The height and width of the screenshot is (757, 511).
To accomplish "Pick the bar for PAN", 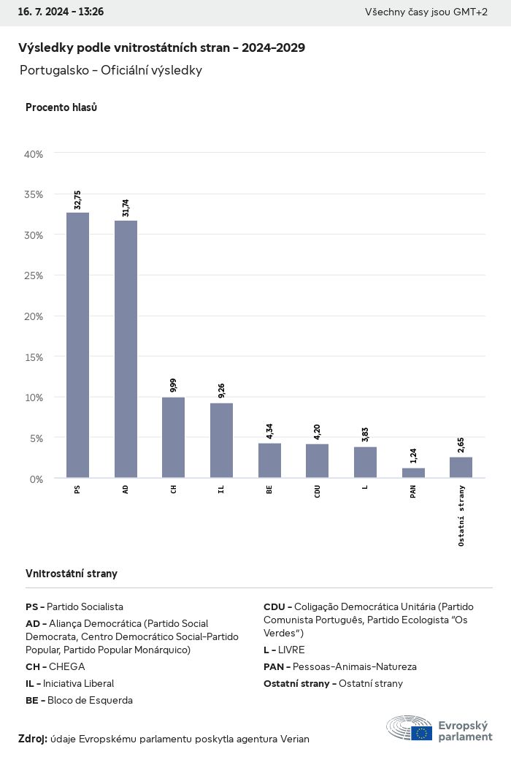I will pos(413,473).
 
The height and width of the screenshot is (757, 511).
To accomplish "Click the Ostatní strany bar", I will pos(461,468).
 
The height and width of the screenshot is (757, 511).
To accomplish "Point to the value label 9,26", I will pos(221,390).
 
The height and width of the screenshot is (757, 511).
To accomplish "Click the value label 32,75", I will pos(77,199).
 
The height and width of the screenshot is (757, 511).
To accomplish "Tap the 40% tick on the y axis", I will pos(34,154).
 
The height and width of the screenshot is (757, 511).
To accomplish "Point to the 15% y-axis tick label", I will pos(34,357).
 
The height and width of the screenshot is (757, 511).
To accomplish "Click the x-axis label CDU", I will pos(318,491).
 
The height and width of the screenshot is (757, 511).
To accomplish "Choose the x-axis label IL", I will pos(221,489).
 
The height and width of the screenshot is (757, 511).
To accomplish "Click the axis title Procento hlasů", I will pos(61,107).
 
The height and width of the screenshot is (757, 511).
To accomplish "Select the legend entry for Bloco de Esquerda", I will pos(79,700).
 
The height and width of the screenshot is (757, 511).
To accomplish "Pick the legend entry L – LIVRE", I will pos(284,650).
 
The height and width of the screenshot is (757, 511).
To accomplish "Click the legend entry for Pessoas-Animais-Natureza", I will pos(339,666).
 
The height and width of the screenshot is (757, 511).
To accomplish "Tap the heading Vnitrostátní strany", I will pos(72,574).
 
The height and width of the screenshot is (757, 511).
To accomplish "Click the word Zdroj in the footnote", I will pos(32,739).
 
